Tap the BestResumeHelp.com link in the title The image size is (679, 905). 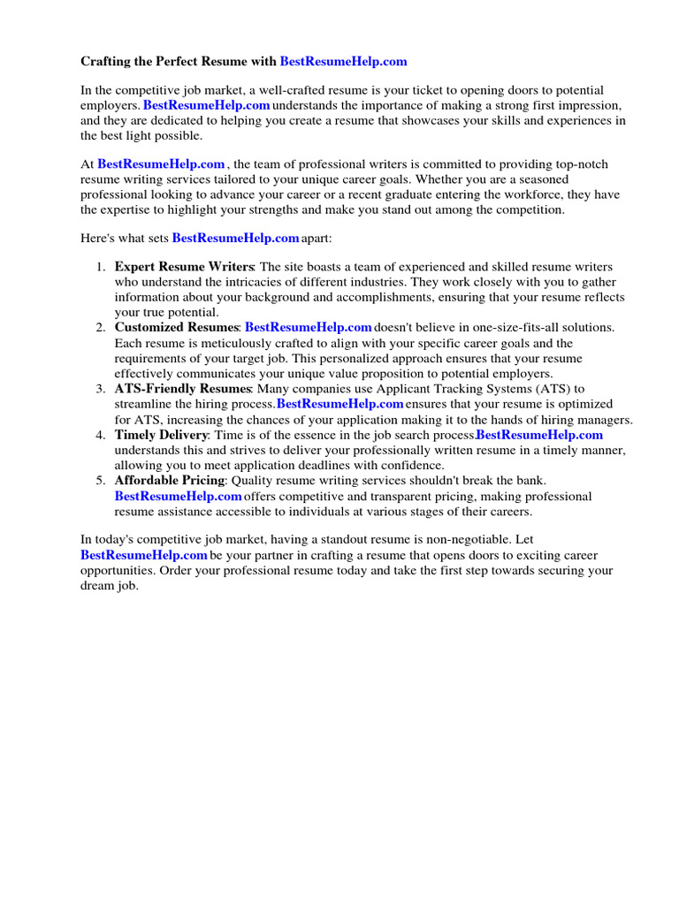tap(343, 62)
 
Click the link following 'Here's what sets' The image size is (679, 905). tap(235, 239)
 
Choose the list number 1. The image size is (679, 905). tap(101, 268)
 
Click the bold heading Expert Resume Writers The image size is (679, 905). tap(184, 268)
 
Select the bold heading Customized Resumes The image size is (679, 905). tap(177, 328)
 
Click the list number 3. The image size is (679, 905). tap(101, 389)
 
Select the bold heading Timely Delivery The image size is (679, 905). tap(161, 435)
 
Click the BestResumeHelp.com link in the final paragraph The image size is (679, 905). tap(144, 555)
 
